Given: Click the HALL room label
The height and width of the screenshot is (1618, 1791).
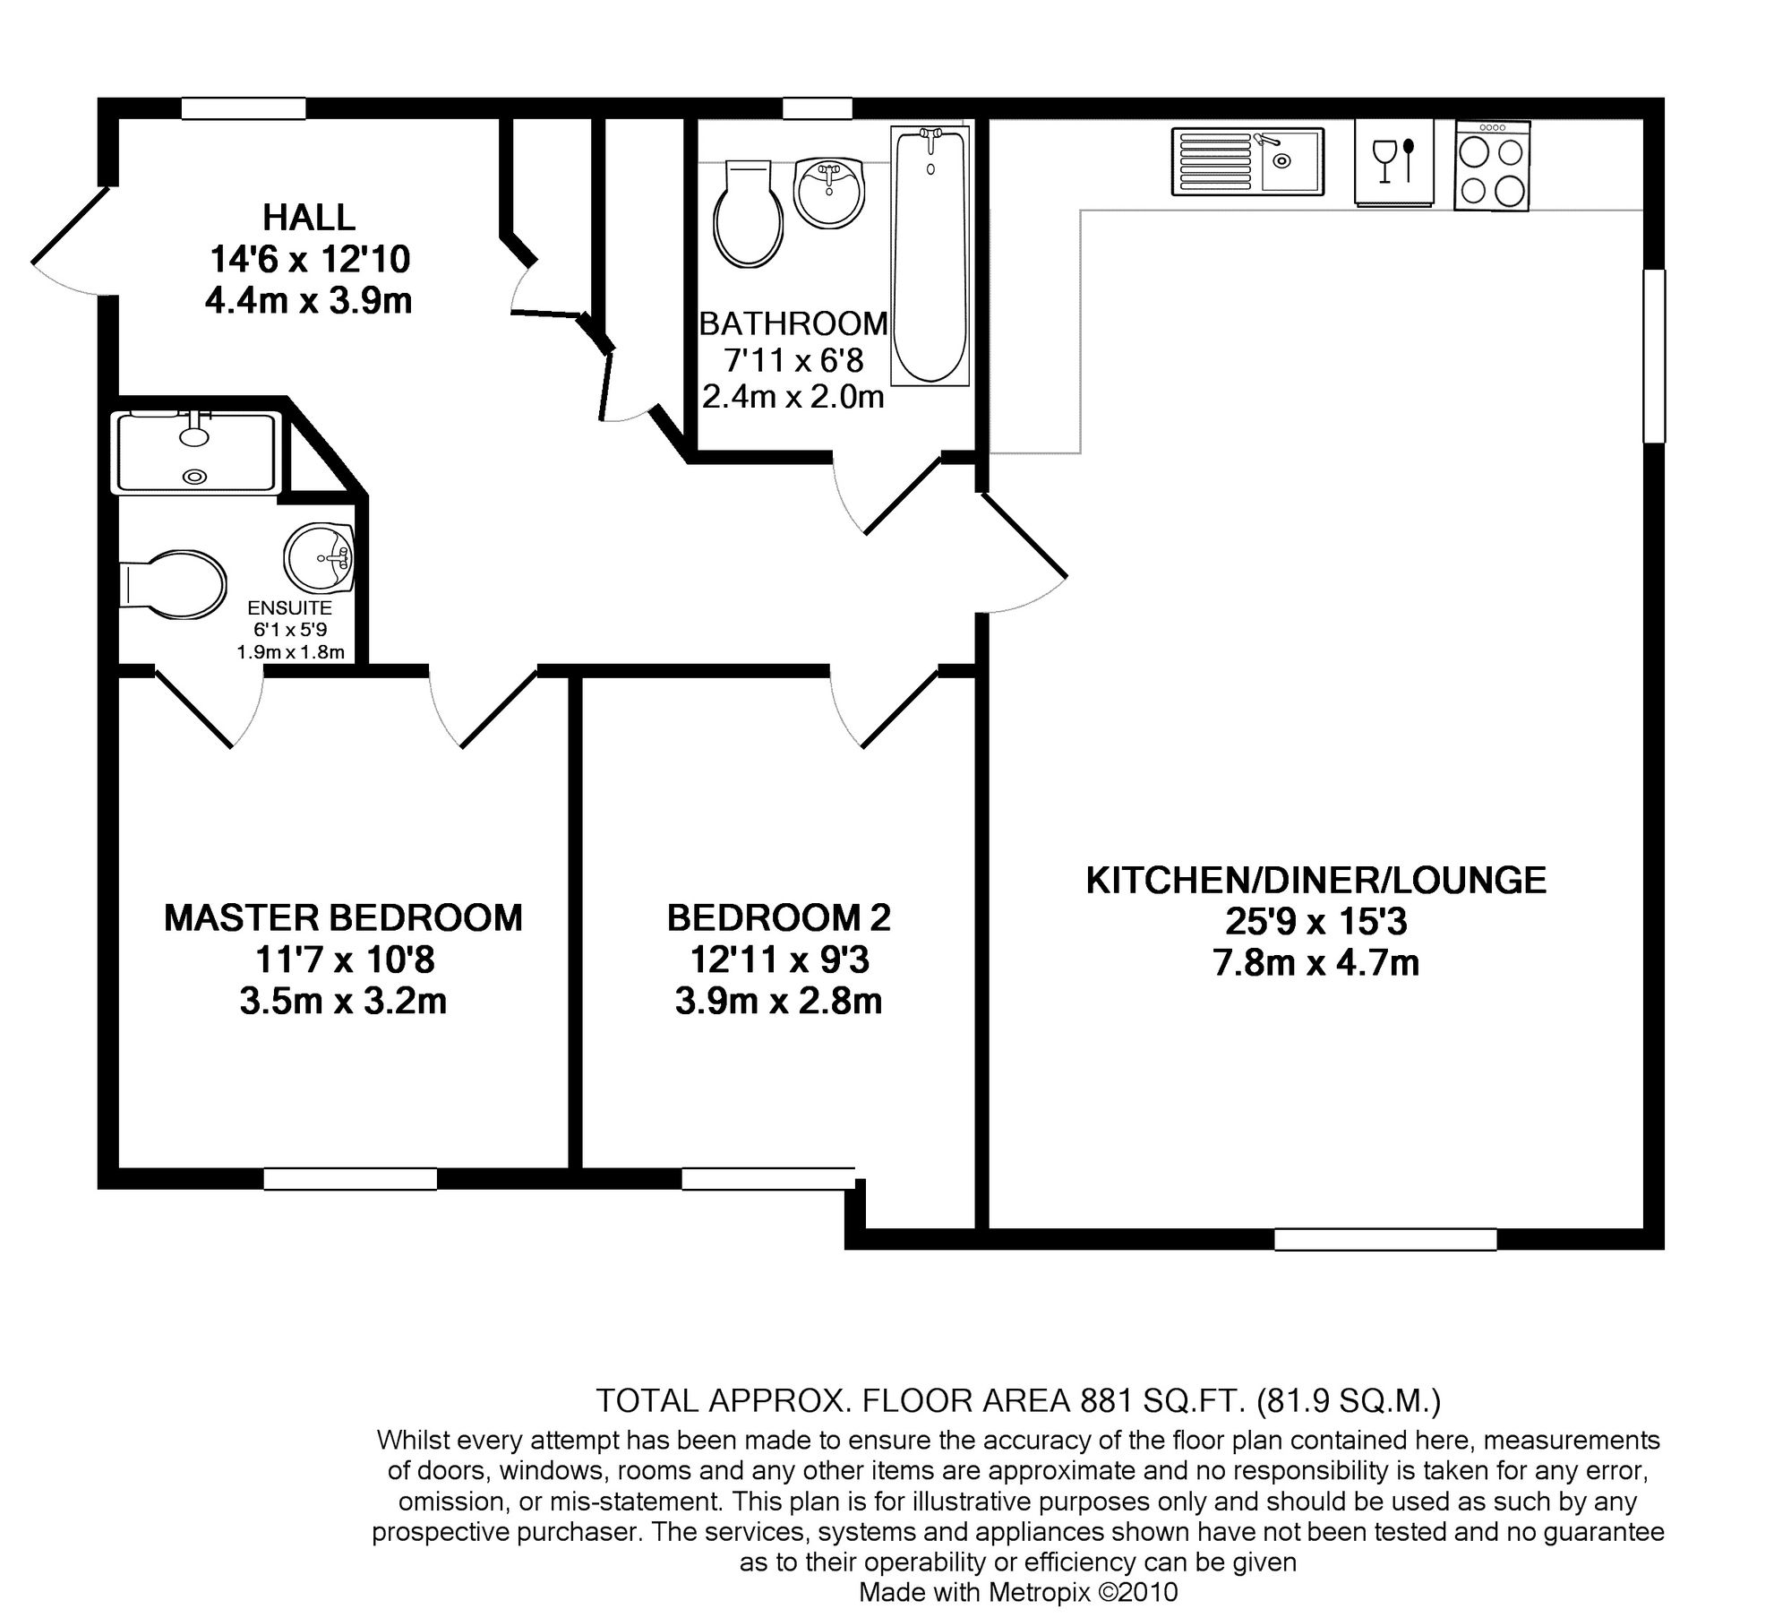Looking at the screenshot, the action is pyautogui.click(x=309, y=217).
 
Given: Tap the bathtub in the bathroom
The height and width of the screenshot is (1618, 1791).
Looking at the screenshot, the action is pyautogui.click(x=930, y=256).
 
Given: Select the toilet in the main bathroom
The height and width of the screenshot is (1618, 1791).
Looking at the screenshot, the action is pyautogui.click(x=749, y=213).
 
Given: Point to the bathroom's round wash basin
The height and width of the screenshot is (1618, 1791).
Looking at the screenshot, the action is pyautogui.click(x=830, y=192).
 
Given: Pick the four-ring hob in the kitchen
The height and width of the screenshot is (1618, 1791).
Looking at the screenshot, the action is pyautogui.click(x=1492, y=166).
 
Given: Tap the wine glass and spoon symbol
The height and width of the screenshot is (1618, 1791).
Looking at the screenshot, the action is pyautogui.click(x=1394, y=161).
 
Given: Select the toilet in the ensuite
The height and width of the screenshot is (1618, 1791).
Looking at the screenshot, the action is pyautogui.click(x=172, y=583).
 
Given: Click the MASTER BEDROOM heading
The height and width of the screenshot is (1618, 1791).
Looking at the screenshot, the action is pyautogui.click(x=343, y=918).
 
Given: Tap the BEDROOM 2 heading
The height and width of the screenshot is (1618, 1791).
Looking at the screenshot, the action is pyautogui.click(x=778, y=918).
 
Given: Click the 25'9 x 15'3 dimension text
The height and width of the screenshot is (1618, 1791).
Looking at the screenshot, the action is pyautogui.click(x=1315, y=922).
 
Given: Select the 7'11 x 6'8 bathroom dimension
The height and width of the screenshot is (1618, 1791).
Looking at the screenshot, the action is pyautogui.click(x=793, y=360).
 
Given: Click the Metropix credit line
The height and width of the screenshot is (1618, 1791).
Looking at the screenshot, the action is pyautogui.click(x=1018, y=1592).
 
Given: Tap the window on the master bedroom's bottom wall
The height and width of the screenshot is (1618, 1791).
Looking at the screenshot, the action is pyautogui.click(x=350, y=1179).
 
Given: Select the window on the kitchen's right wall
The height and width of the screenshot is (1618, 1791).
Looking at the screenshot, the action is pyautogui.click(x=1654, y=356).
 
